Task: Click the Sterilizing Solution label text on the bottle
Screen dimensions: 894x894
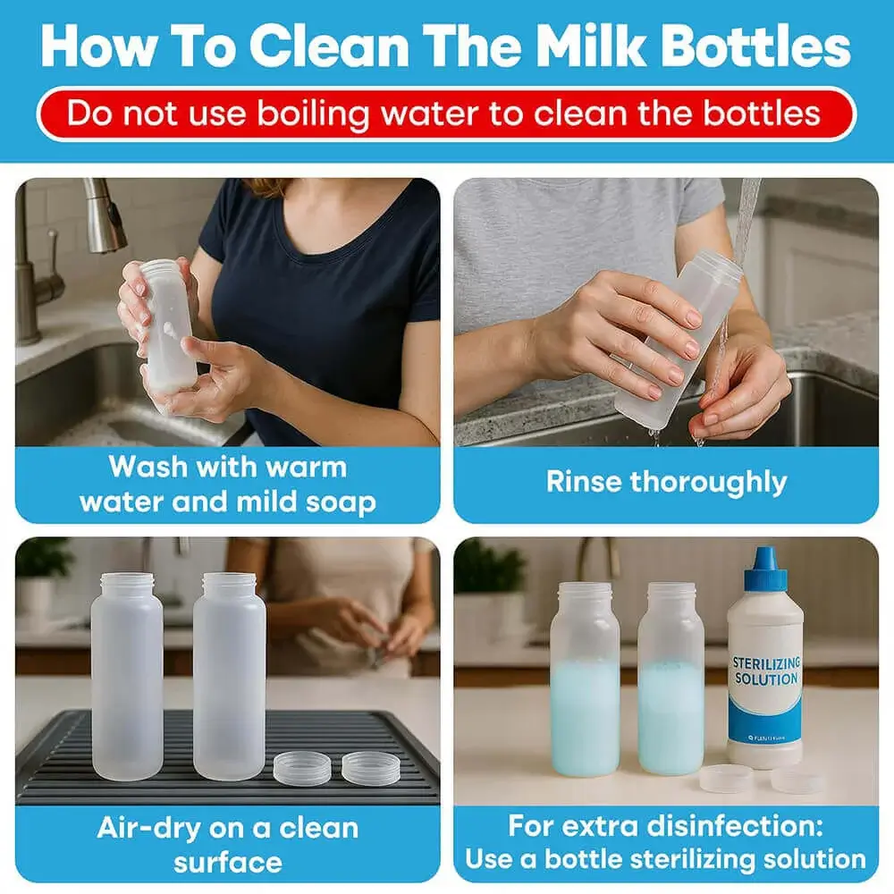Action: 765,670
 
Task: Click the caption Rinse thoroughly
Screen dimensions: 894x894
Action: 666,482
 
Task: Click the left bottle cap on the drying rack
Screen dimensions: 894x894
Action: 301,767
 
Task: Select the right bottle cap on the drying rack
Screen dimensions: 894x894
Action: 370,767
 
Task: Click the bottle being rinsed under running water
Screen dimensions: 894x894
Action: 679,340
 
